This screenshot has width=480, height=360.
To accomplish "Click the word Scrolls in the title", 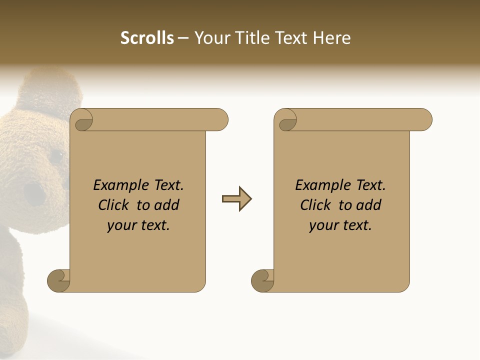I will pyautogui.click(x=147, y=38).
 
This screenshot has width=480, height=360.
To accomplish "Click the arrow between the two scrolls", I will pyautogui.click(x=236, y=199).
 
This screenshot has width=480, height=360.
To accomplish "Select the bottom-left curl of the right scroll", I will pyautogui.click(x=263, y=280).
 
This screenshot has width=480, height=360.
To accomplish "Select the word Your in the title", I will pyautogui.click(x=208, y=38).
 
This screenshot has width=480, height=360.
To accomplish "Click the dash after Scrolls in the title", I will pyautogui.click(x=183, y=38).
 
